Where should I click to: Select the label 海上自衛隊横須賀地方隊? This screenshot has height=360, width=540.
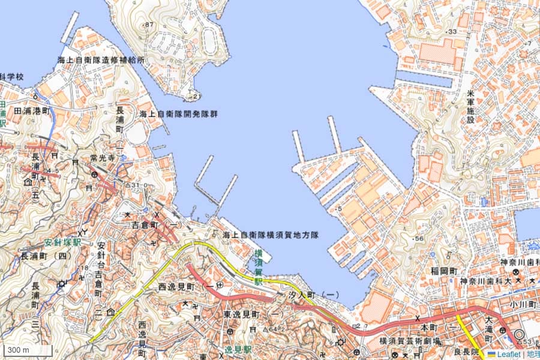point(270,235)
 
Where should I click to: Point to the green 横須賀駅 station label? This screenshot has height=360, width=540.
point(259,268)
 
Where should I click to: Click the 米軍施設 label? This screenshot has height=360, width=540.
point(470,107)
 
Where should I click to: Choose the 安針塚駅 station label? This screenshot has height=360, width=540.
point(62,244)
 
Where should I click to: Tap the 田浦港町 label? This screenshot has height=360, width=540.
point(31,111)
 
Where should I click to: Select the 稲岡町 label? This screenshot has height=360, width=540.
point(444,271)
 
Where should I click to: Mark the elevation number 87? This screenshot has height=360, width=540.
point(149,25)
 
